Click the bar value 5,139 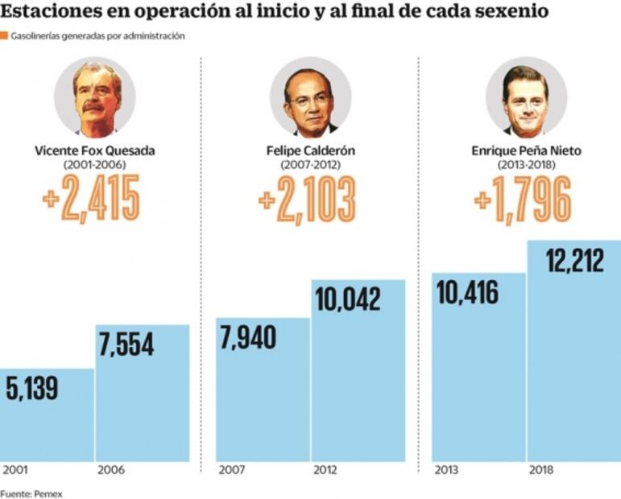(x=32, y=390)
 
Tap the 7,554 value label (x=126, y=344)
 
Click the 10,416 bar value (x=467, y=291)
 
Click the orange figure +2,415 (x=91, y=199)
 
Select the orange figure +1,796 (x=523, y=199)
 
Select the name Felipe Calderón (x=310, y=151)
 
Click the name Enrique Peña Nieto (x=526, y=151)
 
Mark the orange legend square (x=4, y=36)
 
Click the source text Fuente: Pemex (x=31, y=493)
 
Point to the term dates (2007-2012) (x=310, y=164)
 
